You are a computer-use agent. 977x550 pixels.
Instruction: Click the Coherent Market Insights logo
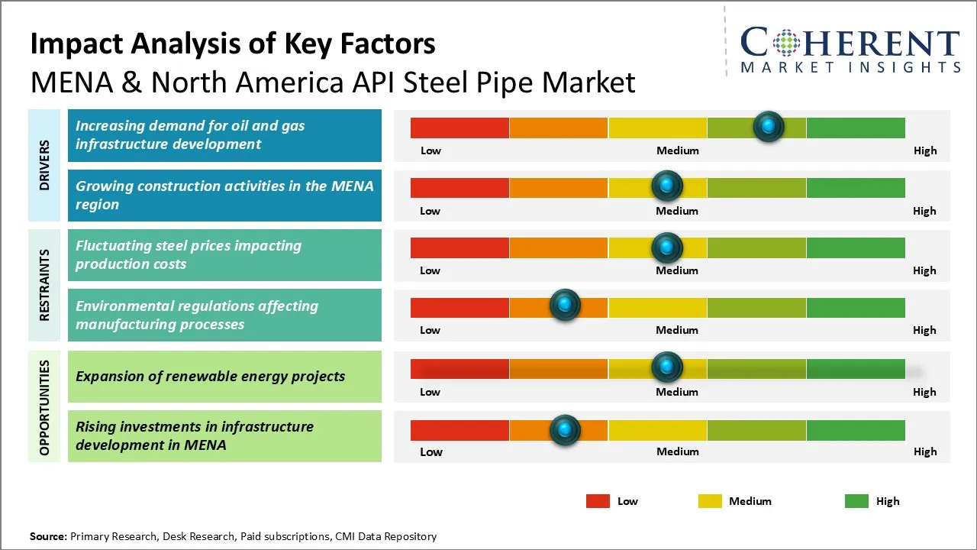(850, 50)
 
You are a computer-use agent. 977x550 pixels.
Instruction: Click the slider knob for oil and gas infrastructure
(768, 126)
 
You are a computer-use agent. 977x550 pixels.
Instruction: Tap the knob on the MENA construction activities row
(667, 186)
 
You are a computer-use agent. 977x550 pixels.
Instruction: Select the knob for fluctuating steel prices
(667, 247)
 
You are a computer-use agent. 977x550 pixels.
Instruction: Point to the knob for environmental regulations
(565, 306)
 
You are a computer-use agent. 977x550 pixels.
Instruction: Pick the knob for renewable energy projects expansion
(667, 367)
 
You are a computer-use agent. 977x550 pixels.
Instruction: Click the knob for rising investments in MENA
(565, 429)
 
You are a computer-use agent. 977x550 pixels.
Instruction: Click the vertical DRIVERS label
(45, 165)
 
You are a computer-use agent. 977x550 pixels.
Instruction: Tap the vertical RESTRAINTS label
(45, 285)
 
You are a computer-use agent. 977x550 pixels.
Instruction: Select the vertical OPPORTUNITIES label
(45, 407)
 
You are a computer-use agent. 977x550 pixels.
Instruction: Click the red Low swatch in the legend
(598, 501)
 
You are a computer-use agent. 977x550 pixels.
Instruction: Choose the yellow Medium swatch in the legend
(710, 501)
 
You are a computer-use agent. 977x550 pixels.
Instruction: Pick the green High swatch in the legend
(856, 501)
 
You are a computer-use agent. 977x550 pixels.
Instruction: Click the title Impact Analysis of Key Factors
(233, 44)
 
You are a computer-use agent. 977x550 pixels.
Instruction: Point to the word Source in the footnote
(48, 536)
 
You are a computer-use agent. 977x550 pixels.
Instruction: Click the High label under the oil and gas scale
(924, 150)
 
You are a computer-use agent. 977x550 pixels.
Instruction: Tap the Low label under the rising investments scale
(431, 451)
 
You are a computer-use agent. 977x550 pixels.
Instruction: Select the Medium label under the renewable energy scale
(677, 392)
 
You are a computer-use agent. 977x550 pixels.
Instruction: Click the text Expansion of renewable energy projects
(210, 376)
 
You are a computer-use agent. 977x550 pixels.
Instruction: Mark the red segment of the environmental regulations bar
(459, 307)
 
